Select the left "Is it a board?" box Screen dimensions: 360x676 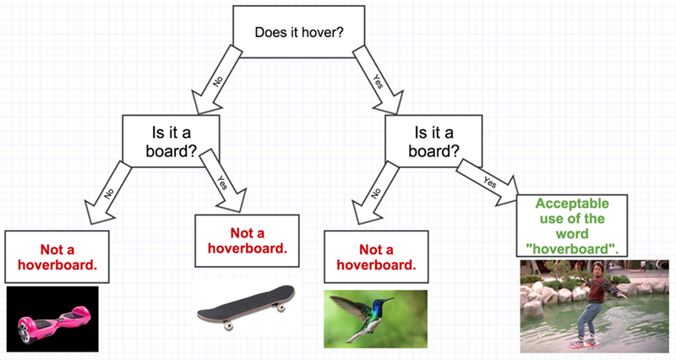pyautogui.click(x=172, y=141)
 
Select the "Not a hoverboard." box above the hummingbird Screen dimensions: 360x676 pyautogui.click(x=376, y=257)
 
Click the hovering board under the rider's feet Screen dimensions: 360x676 pyautogui.click(x=581, y=343)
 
